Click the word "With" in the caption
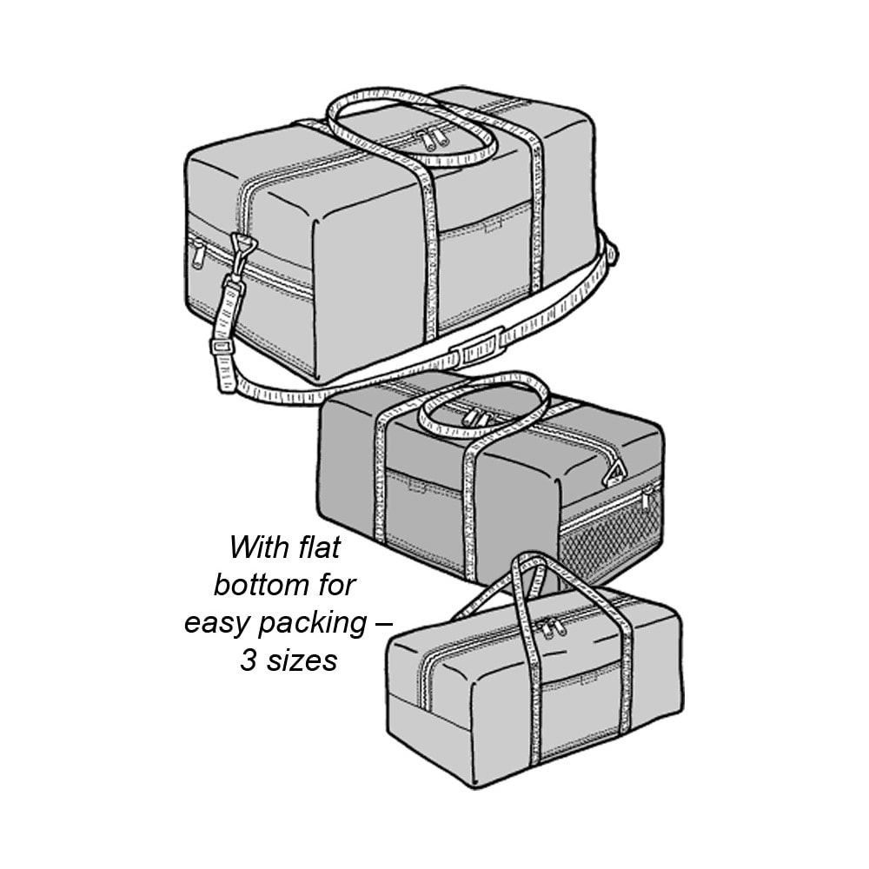[x=259, y=547]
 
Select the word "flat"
[x=319, y=547]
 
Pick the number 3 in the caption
[x=248, y=660]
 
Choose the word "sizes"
[x=302, y=660]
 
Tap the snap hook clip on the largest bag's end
[x=242, y=252]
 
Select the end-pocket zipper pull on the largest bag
[x=197, y=255]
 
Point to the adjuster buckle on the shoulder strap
[x=221, y=347]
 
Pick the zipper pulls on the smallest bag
[x=550, y=628]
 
